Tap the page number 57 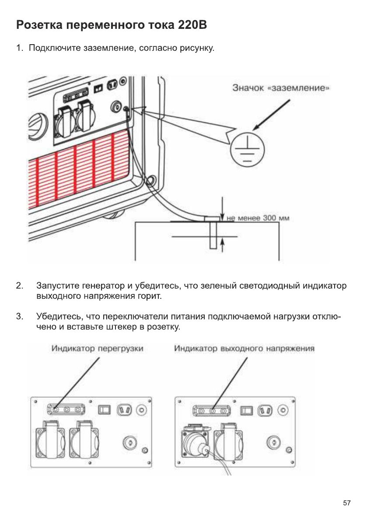click(x=346, y=503)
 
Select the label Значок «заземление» click(x=280, y=88)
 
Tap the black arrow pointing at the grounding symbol click(x=272, y=114)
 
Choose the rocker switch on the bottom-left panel click(x=104, y=409)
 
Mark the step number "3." click(x=19, y=316)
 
